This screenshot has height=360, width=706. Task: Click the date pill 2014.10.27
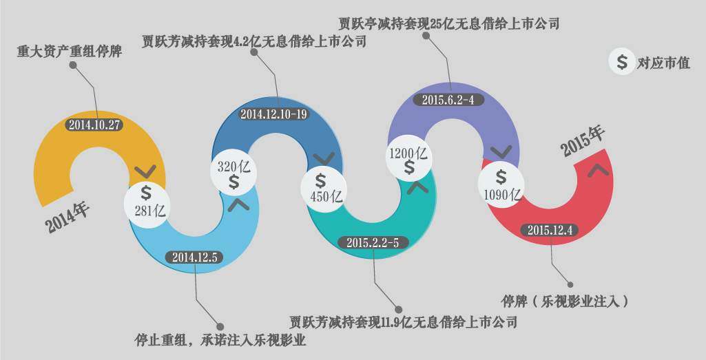[94, 125]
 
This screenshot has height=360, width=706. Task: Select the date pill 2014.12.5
[194, 257]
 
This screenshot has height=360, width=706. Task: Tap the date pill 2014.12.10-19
[273, 114]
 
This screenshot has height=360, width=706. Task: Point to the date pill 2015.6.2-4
[448, 100]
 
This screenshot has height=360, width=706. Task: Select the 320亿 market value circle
[233, 174]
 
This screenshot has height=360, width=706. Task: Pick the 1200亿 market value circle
[409, 160]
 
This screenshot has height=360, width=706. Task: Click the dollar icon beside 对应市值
[622, 63]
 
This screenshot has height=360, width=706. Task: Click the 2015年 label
[582, 140]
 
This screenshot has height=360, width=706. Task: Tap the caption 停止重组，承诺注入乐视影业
[220, 340]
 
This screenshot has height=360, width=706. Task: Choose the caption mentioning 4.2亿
[254, 42]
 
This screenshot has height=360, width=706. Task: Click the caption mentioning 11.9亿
[403, 321]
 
